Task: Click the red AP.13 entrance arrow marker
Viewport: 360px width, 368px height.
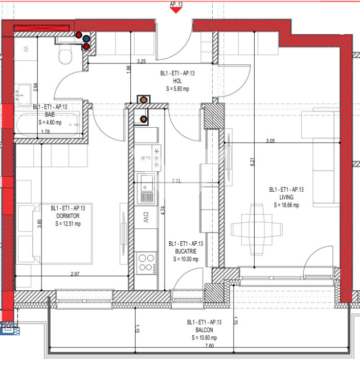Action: (176, 10)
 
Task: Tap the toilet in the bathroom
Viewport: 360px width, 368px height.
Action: (65, 54)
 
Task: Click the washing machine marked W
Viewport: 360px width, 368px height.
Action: (25, 50)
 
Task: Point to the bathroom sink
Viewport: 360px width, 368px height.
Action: (23, 93)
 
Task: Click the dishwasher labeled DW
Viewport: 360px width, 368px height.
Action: (147, 216)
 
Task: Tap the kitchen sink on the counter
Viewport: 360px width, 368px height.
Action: (147, 188)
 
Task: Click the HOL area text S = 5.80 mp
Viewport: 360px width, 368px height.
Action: (177, 88)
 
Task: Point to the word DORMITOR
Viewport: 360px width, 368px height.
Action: (68, 216)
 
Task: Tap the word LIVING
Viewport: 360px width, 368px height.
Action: (286, 197)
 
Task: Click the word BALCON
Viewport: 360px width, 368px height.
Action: (204, 330)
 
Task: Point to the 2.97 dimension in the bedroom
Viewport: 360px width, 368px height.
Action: (75, 275)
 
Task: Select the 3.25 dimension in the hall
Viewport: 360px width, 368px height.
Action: (141, 61)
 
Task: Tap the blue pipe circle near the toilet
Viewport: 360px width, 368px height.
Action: (86, 38)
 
